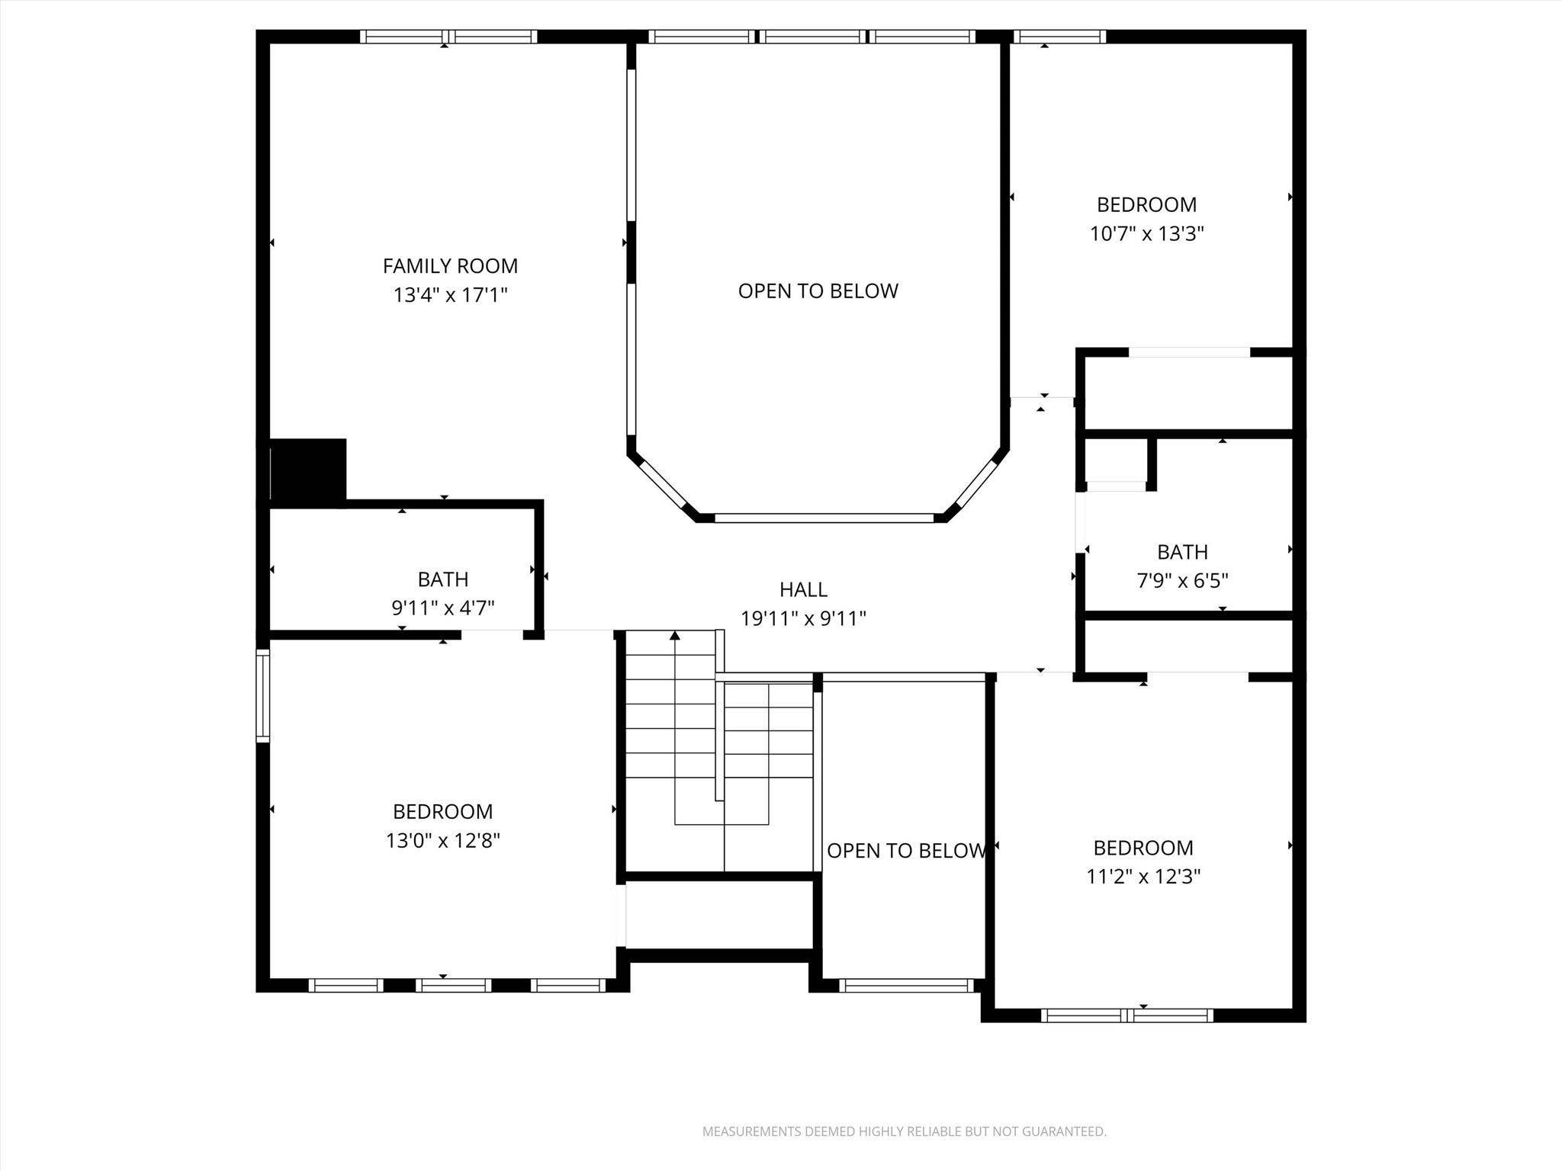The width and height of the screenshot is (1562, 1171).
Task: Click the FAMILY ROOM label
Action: [450, 266]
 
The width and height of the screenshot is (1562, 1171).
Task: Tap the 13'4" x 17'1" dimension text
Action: [450, 295]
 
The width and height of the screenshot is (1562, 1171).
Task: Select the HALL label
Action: [803, 589]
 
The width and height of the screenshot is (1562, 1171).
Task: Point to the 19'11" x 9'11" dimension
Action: [803, 618]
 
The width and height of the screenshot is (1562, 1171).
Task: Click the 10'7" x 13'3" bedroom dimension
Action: [1146, 233]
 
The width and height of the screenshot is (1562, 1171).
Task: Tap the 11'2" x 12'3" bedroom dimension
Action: [1143, 877]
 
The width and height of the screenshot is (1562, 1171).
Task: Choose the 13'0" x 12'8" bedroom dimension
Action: [442, 840]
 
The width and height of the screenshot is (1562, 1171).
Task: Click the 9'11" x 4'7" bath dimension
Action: [442, 608]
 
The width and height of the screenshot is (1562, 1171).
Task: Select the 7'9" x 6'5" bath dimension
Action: [1182, 581]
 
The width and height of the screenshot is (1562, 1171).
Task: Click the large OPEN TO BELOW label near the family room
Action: [818, 290]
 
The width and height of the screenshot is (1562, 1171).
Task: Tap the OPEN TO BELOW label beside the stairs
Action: [905, 851]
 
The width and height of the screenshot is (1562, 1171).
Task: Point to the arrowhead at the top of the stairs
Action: [674, 635]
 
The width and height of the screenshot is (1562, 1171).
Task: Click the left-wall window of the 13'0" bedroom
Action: [262, 695]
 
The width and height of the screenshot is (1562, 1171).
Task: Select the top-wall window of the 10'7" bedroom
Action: [1059, 36]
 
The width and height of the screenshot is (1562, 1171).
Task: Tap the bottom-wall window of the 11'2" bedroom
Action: [1127, 1015]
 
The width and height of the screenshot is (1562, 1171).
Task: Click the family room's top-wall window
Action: [448, 36]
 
